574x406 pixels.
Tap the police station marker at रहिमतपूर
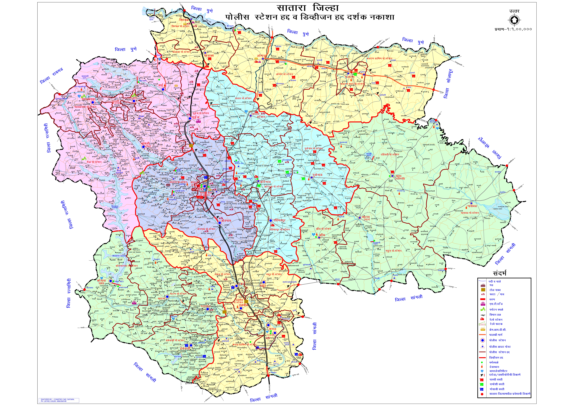(271, 220)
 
